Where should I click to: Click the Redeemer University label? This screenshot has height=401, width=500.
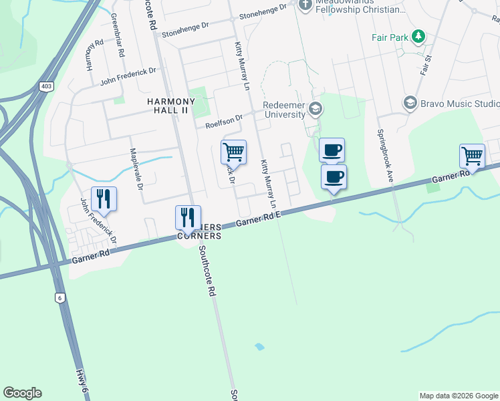283,110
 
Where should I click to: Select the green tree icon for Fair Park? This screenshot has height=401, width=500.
418,35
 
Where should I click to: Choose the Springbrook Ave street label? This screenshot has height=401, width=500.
384,156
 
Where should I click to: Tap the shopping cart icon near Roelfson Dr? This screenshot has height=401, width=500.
233,152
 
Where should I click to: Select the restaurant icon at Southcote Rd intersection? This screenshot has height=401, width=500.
188,217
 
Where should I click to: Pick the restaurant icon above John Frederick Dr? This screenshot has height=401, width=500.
104,198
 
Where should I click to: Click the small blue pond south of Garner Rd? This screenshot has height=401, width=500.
259,347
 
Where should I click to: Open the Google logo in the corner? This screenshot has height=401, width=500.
22,393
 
